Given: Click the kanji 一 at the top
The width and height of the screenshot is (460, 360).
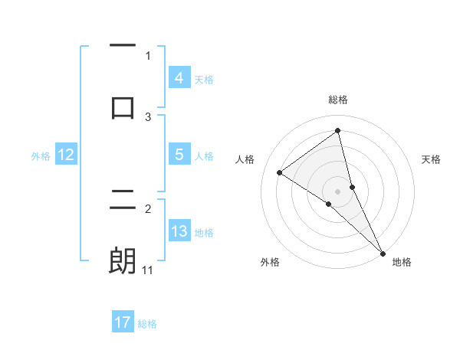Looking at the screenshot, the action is click(x=123, y=47).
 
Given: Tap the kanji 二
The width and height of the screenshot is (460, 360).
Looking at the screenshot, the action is click(x=123, y=201).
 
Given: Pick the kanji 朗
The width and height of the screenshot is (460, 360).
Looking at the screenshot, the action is click(x=123, y=260).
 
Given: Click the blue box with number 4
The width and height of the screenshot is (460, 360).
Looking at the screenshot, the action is click(x=179, y=78).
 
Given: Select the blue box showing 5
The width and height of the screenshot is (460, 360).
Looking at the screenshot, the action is click(x=179, y=155).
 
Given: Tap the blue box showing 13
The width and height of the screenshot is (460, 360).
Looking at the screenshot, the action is click(x=179, y=231).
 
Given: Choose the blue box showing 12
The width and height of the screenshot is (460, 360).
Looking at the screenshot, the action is click(x=65, y=155).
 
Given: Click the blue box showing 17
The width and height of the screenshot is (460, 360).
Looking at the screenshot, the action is click(x=123, y=322).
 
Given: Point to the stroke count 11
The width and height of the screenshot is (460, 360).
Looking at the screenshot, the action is click(x=147, y=270).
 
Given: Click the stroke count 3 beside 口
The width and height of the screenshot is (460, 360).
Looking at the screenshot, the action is click(x=148, y=117).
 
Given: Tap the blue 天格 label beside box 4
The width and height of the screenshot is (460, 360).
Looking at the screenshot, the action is click(x=204, y=80).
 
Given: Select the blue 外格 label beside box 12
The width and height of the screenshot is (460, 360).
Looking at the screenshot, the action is click(x=41, y=156).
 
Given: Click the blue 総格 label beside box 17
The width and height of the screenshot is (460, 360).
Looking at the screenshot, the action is click(x=147, y=324).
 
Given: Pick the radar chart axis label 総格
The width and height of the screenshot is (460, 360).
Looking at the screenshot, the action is click(x=337, y=100).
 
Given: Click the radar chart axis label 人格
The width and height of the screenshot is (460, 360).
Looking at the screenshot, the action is click(x=245, y=159).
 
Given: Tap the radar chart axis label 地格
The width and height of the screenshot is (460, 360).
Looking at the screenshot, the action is click(x=402, y=263).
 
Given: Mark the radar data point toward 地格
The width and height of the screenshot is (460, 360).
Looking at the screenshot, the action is click(x=381, y=253).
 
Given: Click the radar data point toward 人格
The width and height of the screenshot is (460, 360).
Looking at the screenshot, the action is click(x=279, y=172).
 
